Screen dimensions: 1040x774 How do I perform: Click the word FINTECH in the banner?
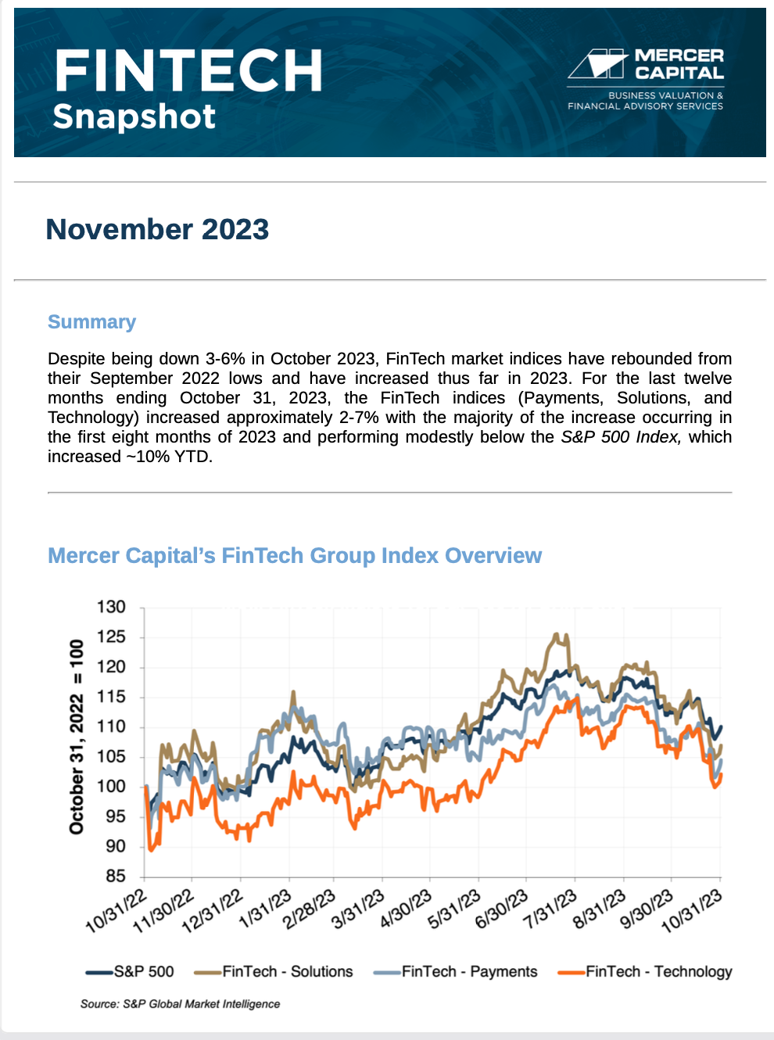coord(188,70)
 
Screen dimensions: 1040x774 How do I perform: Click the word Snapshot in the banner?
coord(134,117)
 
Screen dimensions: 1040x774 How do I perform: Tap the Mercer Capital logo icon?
coord(598,64)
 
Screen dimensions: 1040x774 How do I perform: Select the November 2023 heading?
coord(157,229)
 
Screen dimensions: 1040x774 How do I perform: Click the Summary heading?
coord(91,322)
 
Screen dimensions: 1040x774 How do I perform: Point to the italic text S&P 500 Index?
coord(621,437)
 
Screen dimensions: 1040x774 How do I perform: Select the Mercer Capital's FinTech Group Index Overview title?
coord(294,555)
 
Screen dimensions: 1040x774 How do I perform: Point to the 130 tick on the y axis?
coord(111,607)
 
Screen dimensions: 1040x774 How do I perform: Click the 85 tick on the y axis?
coord(115,877)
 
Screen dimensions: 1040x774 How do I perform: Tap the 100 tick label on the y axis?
coord(111,787)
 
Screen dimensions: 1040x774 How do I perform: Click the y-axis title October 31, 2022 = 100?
coord(77,737)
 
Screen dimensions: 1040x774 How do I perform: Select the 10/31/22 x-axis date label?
coord(116,911)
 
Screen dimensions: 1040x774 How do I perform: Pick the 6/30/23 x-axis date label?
coord(502,911)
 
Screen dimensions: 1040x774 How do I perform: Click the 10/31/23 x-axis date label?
coord(692,911)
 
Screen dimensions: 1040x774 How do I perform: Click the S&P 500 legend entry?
coord(130,972)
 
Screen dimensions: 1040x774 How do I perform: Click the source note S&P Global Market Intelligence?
coord(180,1004)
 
